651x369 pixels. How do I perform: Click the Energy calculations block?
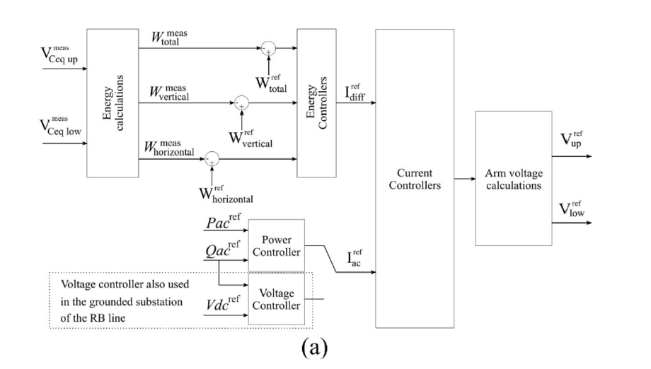(x=113, y=103)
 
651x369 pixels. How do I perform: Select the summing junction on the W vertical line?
(x=242, y=103)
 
